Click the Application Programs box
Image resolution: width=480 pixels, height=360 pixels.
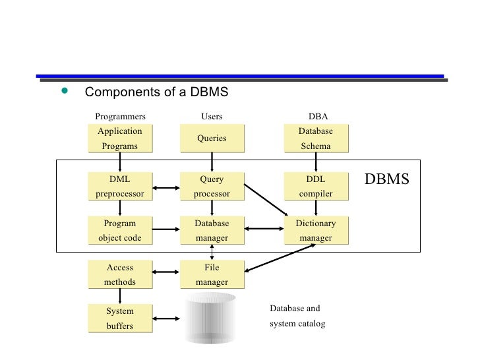coord(119,138)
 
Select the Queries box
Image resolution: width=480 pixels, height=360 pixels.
coord(212,138)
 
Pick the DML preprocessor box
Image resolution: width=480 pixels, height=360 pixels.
coord(119,187)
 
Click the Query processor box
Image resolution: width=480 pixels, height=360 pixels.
coord(212,187)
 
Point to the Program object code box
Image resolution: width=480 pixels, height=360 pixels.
coord(119,230)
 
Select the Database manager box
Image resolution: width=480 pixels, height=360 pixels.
coord(212,230)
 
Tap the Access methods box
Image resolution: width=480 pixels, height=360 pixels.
coord(119,274)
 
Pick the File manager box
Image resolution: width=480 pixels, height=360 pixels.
coord(212,274)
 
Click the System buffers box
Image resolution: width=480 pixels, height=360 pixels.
coord(119,318)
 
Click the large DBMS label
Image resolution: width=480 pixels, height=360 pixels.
coord(387,179)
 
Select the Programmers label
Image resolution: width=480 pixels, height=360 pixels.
coord(120,117)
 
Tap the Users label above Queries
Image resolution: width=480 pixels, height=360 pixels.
coord(212,117)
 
